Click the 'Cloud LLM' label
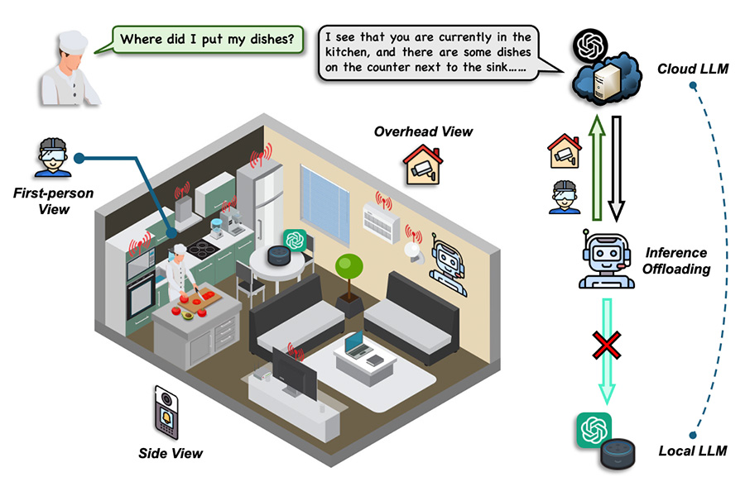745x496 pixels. pos(692,69)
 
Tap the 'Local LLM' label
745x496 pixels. pos(692,451)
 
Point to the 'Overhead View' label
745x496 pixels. pos(423,131)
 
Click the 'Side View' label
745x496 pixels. pos(171,452)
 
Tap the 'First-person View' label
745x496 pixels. pos(52,201)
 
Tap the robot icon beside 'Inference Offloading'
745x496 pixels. pos(608,260)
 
